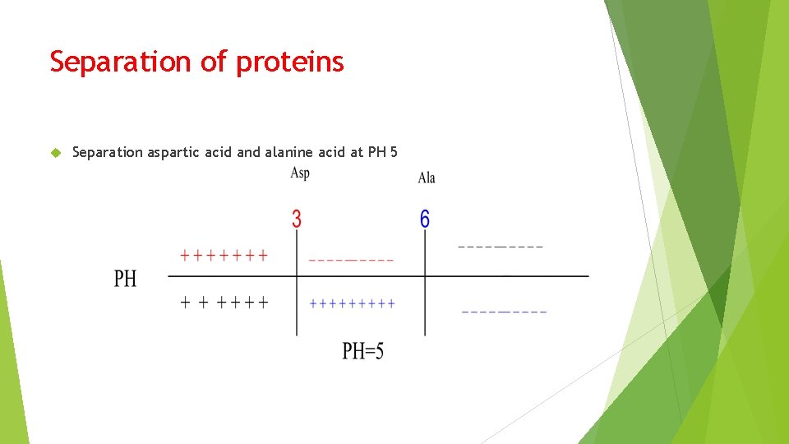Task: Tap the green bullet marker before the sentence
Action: (56, 152)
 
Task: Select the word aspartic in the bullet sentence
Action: (172, 152)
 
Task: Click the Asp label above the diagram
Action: (300, 173)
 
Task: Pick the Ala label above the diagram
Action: (427, 178)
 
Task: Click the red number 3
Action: (297, 219)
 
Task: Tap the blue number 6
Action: (425, 219)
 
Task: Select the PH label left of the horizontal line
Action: (125, 279)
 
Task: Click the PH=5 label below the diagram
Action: (362, 352)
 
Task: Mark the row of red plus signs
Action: (224, 256)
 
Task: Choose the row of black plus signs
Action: (224, 303)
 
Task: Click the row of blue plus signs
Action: (352, 303)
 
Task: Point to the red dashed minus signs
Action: (351, 260)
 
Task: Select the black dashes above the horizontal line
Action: (500, 246)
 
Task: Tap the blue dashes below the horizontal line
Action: (504, 312)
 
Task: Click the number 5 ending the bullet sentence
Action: (394, 152)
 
